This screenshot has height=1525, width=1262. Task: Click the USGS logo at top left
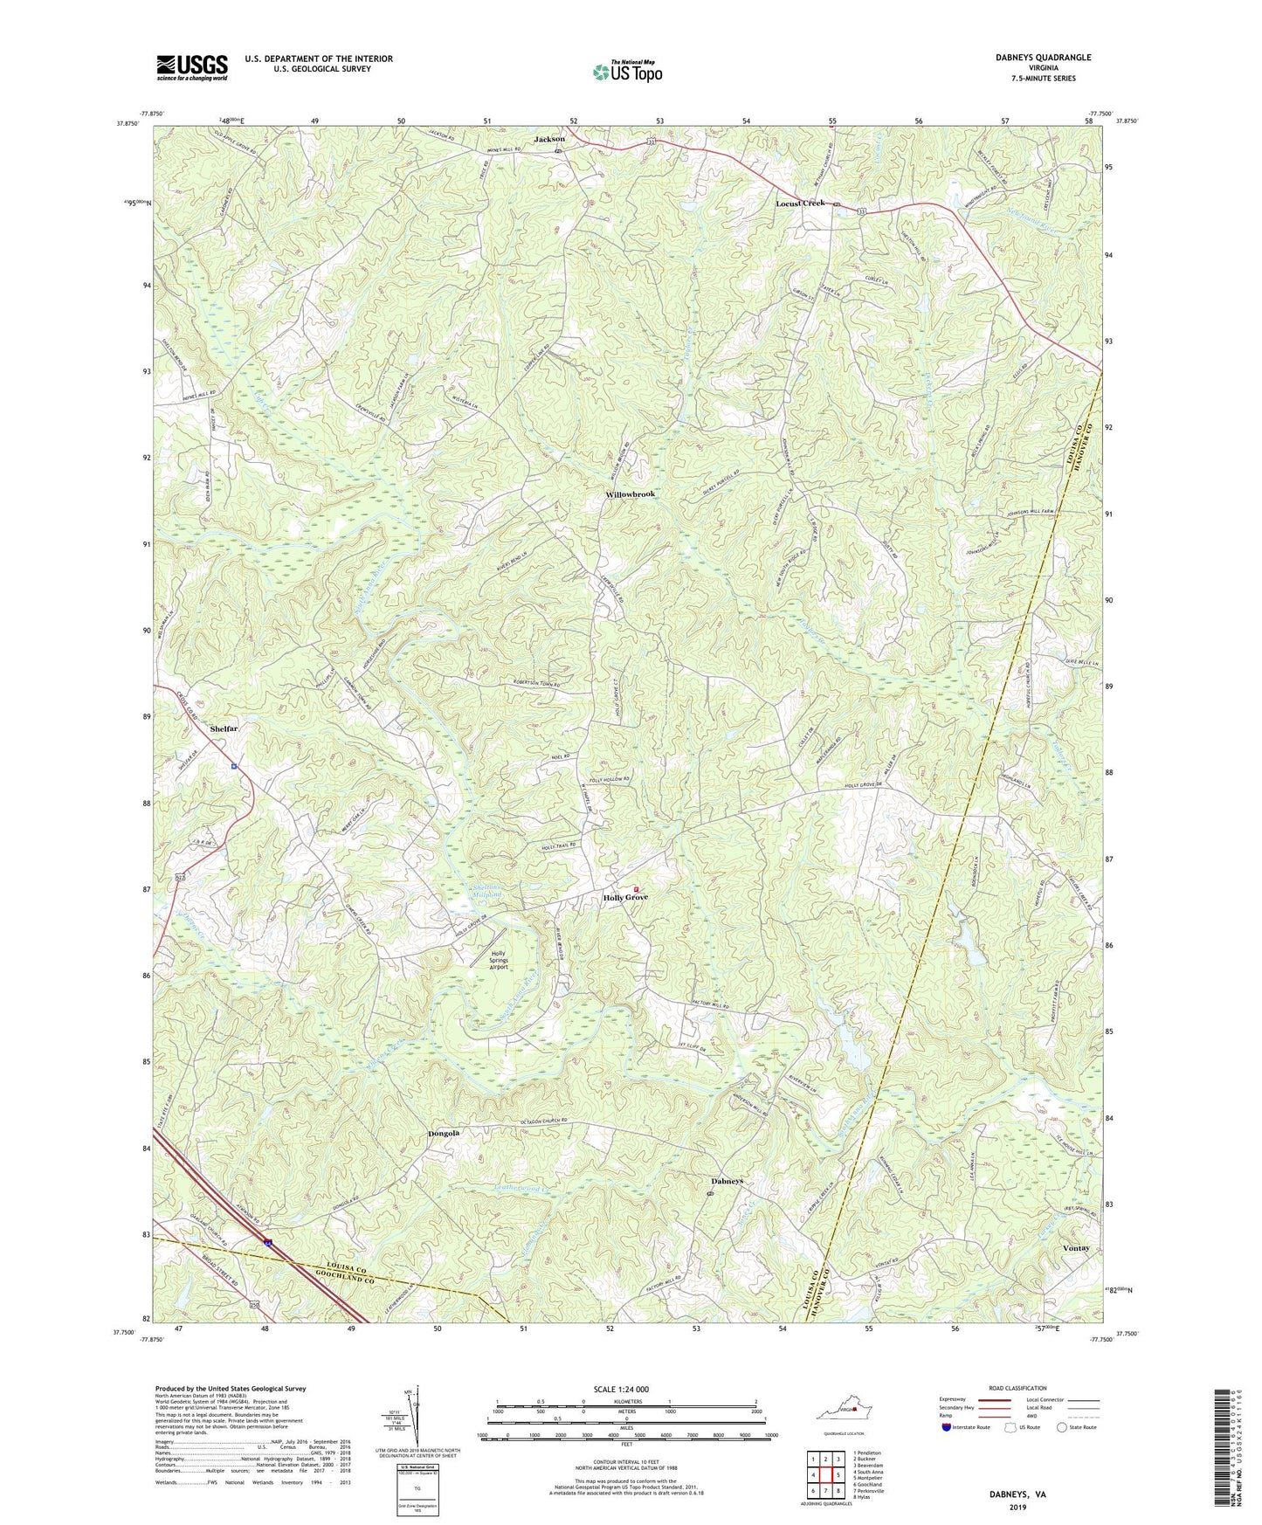(x=192, y=67)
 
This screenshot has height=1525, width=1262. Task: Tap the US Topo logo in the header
(x=626, y=72)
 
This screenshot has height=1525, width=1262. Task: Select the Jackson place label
(x=549, y=139)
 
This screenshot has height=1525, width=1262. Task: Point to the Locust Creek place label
(x=800, y=204)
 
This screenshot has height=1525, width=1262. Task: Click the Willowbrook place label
(x=630, y=494)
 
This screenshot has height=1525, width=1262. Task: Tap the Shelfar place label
(x=224, y=728)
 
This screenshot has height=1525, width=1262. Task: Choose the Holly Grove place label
(x=625, y=898)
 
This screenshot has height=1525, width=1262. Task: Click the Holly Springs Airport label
(x=498, y=961)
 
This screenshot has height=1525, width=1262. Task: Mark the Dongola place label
(x=444, y=1133)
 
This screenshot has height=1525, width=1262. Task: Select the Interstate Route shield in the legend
(x=948, y=1427)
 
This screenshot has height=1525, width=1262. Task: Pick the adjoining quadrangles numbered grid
(x=825, y=1475)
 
